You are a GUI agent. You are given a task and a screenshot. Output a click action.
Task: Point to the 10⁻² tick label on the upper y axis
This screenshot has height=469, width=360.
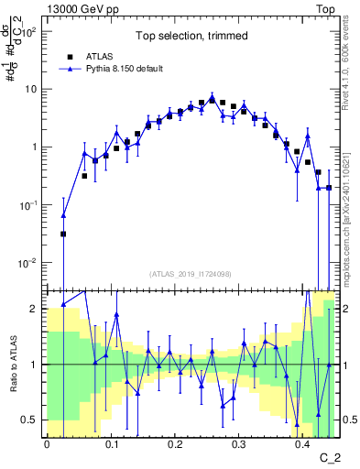(x=29, y=263)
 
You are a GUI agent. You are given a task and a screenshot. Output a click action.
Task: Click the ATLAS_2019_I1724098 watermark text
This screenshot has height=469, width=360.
(x=191, y=274)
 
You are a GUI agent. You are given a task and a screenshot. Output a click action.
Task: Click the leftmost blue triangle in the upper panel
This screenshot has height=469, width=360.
(x=63, y=216)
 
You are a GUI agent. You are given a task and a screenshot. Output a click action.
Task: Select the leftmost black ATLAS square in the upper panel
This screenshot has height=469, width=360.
(x=63, y=234)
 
